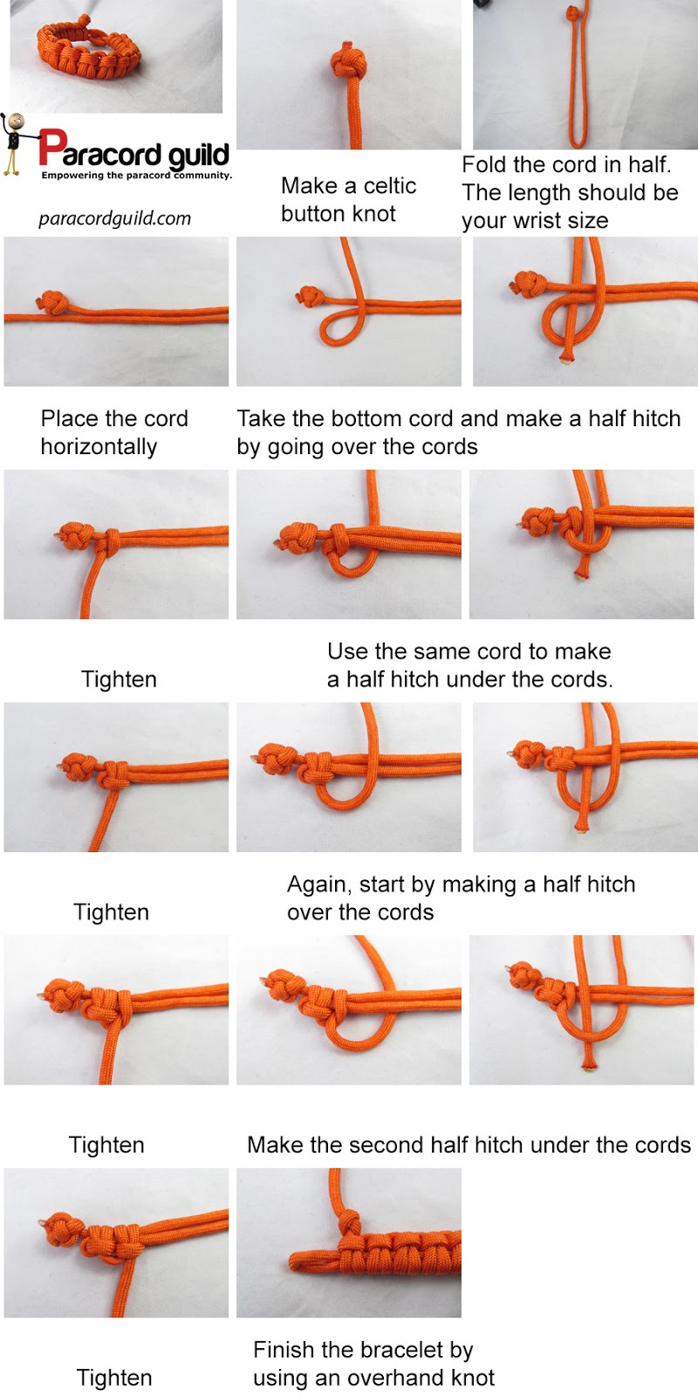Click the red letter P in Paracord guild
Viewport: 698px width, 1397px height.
[x=51, y=148]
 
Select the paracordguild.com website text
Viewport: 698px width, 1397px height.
[x=114, y=218]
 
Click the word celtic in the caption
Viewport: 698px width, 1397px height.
[x=390, y=186]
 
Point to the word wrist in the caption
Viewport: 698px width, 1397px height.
[x=531, y=221]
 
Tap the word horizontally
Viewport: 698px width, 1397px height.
[x=99, y=447]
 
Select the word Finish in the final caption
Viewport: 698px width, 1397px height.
[x=284, y=1350]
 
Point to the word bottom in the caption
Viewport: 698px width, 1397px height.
[x=364, y=419]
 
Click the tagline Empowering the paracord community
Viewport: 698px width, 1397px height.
[x=137, y=175]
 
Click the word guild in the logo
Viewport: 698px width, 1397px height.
[x=198, y=156]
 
